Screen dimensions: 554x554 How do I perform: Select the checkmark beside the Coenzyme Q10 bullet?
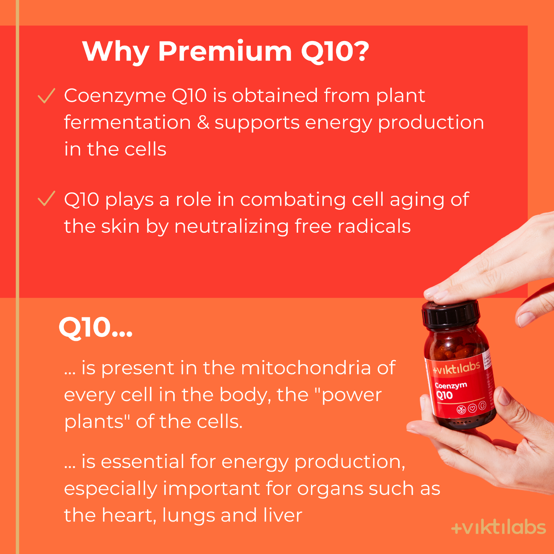tap(47, 96)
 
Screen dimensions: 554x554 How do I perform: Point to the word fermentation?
tap(127, 122)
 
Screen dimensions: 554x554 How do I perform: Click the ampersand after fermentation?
tap(203, 122)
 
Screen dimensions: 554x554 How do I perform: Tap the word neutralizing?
tap(231, 226)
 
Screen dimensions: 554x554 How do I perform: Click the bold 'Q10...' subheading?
tap(95, 328)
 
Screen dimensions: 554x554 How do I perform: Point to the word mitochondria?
tap(305, 368)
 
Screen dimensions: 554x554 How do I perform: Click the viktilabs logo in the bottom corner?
tap(498, 528)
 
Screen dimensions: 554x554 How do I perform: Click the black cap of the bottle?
tap(451, 314)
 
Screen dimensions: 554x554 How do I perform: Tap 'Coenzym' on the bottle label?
tap(451, 386)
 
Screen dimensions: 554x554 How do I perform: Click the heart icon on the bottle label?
tap(472, 408)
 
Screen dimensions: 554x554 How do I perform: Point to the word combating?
tap(293, 199)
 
